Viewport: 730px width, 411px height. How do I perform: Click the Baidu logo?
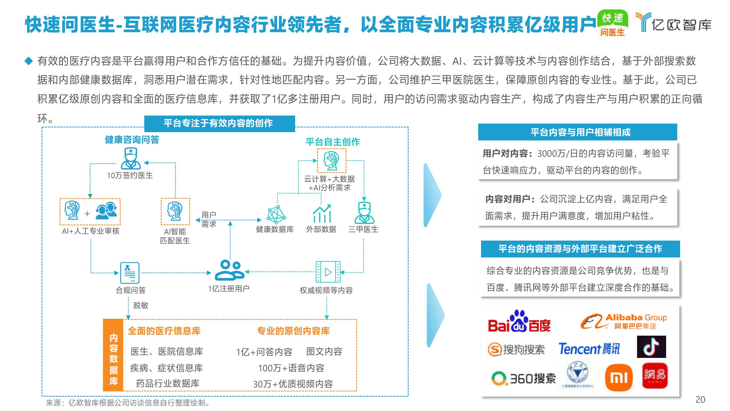tap(519, 322)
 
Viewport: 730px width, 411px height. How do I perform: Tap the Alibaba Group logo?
tap(624, 322)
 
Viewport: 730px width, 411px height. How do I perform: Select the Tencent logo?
tap(589, 349)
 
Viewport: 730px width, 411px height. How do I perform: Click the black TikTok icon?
tap(651, 347)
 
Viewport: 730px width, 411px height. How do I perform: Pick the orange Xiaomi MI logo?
tap(619, 378)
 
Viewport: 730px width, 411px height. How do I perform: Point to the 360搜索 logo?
tap(524, 378)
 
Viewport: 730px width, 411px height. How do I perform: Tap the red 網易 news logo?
tap(655, 375)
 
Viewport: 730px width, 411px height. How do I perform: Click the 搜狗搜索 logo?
tap(516, 349)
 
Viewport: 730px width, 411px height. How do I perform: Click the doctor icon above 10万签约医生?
tap(131, 159)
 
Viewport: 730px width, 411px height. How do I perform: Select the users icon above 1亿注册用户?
tap(229, 270)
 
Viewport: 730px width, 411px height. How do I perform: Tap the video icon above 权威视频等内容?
tap(328, 272)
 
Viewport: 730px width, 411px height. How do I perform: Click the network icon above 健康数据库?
tap(276, 214)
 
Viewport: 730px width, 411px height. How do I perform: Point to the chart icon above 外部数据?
tap(322, 214)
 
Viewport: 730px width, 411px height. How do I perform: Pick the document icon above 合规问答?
tap(130, 273)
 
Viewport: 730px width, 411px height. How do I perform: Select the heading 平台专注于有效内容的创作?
tap(219, 123)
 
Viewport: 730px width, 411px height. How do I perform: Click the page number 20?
tap(700, 400)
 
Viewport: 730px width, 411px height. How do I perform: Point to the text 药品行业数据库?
tap(167, 383)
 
